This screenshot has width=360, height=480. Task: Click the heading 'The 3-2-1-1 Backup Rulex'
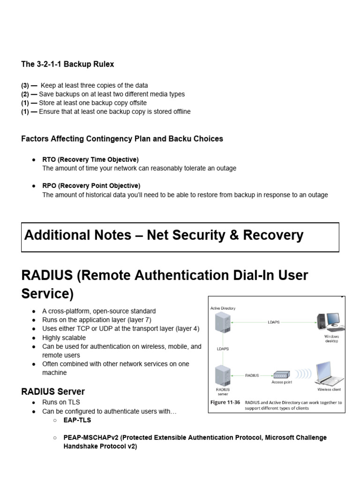click(x=67, y=64)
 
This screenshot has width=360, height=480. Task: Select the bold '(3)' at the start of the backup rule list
click(x=25, y=85)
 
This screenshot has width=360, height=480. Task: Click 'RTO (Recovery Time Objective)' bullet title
click(x=90, y=159)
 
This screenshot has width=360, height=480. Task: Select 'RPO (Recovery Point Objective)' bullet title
click(x=91, y=186)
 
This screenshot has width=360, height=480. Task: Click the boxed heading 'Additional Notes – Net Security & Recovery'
click(x=164, y=235)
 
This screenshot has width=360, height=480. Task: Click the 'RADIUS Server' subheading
click(x=53, y=391)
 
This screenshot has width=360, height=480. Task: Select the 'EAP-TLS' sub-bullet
click(x=77, y=420)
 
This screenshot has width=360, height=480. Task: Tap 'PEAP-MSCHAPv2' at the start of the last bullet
click(x=91, y=437)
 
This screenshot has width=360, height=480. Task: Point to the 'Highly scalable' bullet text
click(x=64, y=337)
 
